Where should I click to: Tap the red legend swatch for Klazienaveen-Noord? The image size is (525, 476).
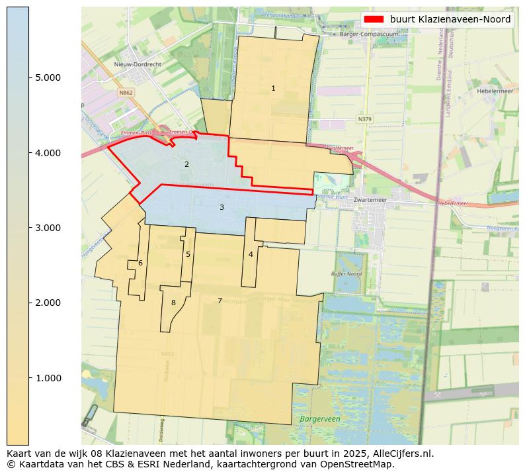coord(374,19)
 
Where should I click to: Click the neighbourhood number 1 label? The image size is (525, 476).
coord(273,88)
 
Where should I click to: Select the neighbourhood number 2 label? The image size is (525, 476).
coord(186,164)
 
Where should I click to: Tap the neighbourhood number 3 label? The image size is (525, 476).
coord(222,207)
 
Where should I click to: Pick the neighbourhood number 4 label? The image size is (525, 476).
coord(251,254)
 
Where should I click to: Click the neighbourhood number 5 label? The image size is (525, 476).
coord(188,254)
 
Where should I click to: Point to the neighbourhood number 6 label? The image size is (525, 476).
coord(140,263)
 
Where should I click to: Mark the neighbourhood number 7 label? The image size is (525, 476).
coord(220,301)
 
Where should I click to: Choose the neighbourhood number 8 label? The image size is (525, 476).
coord(173,303)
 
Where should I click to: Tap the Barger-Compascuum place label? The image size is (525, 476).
coord(364,34)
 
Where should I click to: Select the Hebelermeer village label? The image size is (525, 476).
coord(495,91)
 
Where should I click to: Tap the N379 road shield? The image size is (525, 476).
coord(364,119)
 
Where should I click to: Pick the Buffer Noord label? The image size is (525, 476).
coord(346,273)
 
